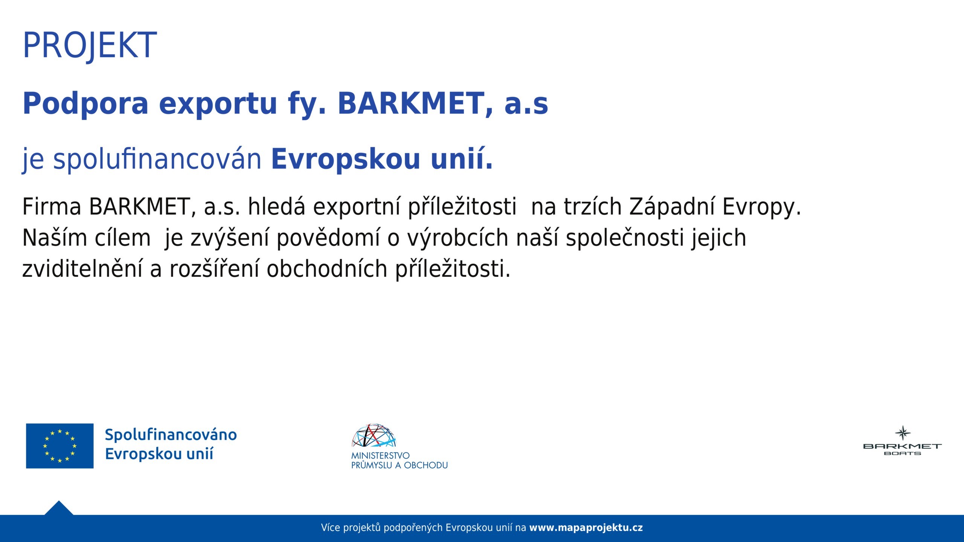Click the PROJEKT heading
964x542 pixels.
click(x=90, y=46)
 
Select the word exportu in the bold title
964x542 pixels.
click(x=218, y=104)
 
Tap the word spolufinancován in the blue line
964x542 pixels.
click(x=157, y=159)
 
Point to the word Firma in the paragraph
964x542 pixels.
click(x=52, y=207)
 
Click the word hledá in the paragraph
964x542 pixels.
click(x=276, y=207)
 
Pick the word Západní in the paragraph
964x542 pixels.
click(x=672, y=207)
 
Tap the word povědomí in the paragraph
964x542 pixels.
click(x=329, y=239)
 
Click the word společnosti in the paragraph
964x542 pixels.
click(x=625, y=239)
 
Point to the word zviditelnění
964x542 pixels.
click(x=82, y=269)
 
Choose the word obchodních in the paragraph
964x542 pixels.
click(x=327, y=269)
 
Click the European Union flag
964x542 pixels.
click(x=59, y=446)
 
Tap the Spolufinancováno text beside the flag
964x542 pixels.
click(x=171, y=435)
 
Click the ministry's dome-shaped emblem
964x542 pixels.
click(x=374, y=435)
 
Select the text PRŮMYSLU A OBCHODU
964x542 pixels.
click(x=400, y=465)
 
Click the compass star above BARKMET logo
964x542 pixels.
click(x=903, y=433)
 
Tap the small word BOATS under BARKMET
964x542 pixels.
click(x=902, y=454)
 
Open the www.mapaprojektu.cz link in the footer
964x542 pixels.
click(x=586, y=528)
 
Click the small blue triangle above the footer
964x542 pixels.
click(x=59, y=509)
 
